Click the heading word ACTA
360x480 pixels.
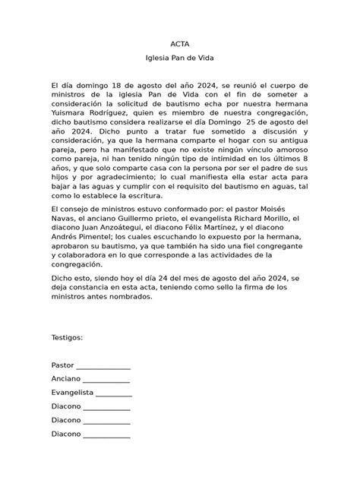180,45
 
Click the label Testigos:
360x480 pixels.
68,337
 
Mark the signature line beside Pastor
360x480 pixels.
103,367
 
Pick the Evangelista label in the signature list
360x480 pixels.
72,393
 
